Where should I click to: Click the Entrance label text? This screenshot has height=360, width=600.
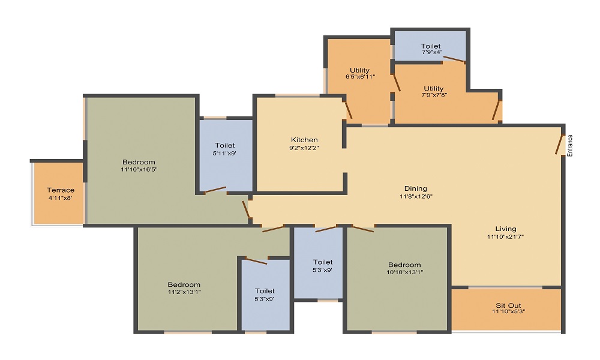click(x=571, y=145)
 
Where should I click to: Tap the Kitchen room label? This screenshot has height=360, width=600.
click(x=304, y=140)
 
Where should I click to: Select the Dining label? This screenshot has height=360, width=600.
click(x=416, y=188)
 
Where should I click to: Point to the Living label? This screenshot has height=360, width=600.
click(x=506, y=229)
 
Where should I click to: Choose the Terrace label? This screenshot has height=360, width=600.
click(x=61, y=190)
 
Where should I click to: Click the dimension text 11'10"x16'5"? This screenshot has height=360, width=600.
click(x=139, y=169)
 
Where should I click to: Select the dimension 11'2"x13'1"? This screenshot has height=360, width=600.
click(x=184, y=292)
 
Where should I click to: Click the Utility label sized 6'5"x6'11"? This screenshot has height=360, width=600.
click(x=359, y=70)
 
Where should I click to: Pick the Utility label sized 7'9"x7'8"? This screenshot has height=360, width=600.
click(x=433, y=88)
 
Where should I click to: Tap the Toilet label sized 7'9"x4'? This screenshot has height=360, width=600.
click(x=430, y=46)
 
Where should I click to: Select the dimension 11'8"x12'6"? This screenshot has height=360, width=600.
click(x=416, y=196)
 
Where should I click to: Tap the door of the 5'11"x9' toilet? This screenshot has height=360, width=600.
click(x=215, y=190)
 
